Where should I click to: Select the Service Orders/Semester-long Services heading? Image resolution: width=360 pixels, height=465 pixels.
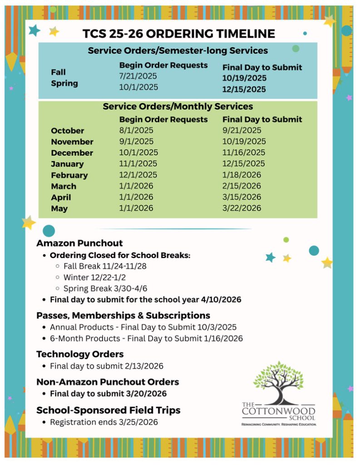[x=178, y=50]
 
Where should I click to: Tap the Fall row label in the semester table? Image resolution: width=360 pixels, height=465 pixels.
[x=58, y=72]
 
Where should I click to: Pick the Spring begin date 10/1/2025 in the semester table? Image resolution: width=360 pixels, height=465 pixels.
[x=138, y=87]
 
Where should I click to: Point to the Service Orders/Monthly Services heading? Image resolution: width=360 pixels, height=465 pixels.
[x=178, y=107]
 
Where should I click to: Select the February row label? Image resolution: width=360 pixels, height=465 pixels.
[x=69, y=175]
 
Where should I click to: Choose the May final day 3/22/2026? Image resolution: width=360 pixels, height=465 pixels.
[x=242, y=208]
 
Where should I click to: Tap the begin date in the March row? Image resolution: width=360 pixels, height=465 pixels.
[x=136, y=186]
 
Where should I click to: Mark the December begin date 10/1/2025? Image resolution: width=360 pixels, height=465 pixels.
[x=138, y=153]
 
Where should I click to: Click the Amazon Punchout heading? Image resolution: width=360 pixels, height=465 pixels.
[x=79, y=243]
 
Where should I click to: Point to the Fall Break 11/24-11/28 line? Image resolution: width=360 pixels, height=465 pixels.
[x=105, y=266]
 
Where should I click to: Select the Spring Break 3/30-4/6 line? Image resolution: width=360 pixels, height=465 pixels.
[x=106, y=288]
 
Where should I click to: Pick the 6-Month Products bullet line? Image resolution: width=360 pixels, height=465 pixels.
[x=146, y=338]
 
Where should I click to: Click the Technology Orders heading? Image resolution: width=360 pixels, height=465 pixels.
[x=80, y=354]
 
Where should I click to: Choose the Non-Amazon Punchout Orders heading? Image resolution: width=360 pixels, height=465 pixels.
[x=108, y=382]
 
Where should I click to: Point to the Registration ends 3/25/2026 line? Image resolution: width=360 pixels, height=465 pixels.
[x=104, y=422]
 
